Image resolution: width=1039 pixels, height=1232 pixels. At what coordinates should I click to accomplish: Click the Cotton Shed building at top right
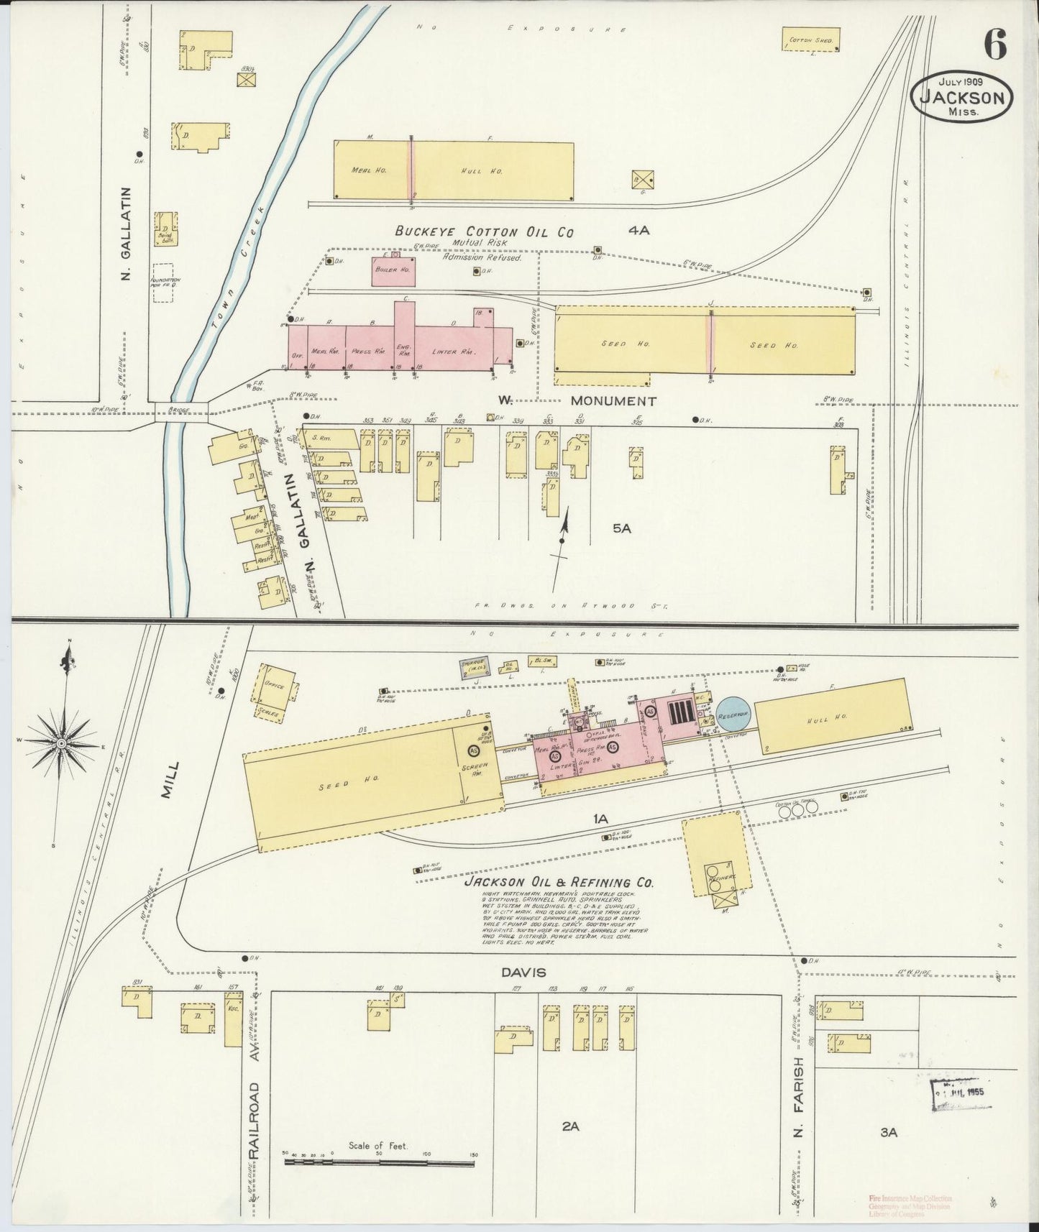[x=810, y=40]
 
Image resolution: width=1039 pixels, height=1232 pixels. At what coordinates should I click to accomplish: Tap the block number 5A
[x=621, y=528]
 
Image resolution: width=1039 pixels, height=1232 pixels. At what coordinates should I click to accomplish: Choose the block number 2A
[x=570, y=1126]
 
